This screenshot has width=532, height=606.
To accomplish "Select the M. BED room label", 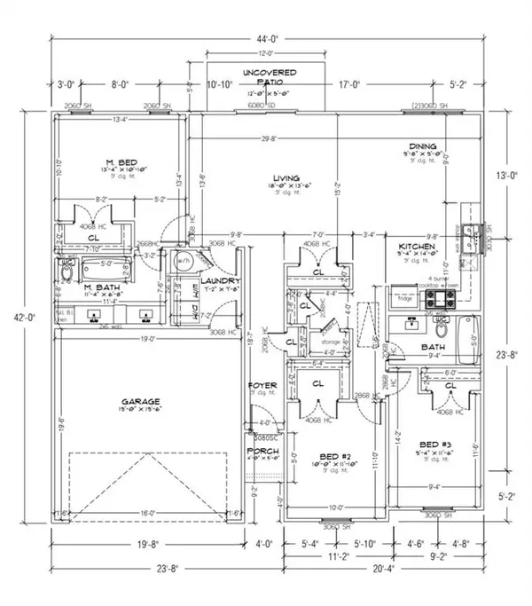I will (120, 161).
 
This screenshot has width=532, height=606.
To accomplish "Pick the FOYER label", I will (263, 384).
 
